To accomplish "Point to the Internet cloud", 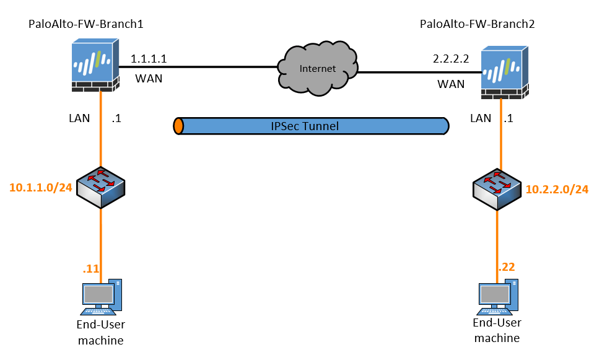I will tap(316, 68).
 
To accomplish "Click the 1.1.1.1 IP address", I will tap(149, 59).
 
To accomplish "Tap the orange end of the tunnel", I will tap(178, 126).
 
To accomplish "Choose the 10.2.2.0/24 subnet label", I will tap(557, 189).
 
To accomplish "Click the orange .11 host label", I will tap(90, 268).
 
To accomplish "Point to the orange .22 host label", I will tap(506, 267).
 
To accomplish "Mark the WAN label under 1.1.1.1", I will tap(149, 79).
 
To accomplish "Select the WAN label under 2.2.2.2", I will tap(451, 84).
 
